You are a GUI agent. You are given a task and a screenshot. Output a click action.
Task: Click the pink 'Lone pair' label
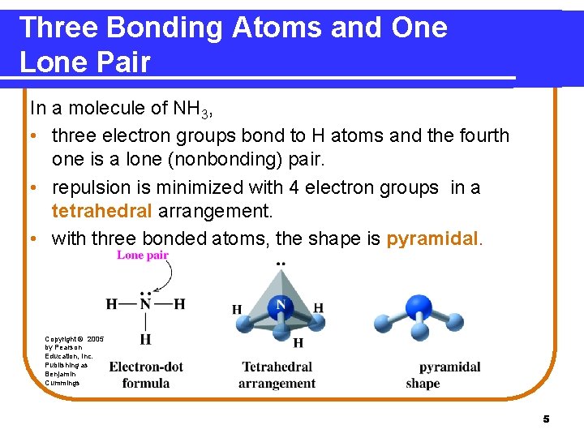pos(142,255)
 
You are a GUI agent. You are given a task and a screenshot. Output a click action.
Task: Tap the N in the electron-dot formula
pos(145,304)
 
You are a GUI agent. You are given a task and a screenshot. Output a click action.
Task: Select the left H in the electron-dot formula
pos(111,304)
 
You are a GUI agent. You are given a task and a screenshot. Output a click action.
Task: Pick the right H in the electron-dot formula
pos(179,304)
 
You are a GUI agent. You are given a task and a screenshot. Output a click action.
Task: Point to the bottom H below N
pos(145,338)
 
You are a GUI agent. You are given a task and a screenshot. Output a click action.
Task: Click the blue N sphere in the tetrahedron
pos(281,305)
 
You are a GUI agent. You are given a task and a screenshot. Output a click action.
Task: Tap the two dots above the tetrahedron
pos(281,264)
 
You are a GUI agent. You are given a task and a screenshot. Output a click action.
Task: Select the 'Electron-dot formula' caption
pos(146,375)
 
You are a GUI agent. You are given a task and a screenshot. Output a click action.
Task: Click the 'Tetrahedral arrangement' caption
pos(277,375)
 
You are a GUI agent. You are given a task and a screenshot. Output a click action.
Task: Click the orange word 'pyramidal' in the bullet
pos(434,238)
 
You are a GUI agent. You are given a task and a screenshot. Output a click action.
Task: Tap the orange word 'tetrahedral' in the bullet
pos(101,212)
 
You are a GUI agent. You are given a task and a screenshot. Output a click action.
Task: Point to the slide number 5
pos(546,419)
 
